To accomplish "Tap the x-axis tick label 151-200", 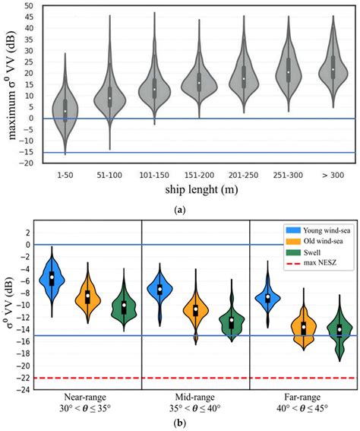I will pyautogui.click(x=199, y=176).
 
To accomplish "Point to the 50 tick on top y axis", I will pyautogui.click(x=28, y=6).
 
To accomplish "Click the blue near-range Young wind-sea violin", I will pyautogui.click(x=52, y=278).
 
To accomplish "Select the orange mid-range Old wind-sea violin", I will pyautogui.click(x=195, y=309).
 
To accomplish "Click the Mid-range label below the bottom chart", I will pyautogui.click(x=195, y=398).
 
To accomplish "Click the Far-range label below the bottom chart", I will pyautogui.click(x=303, y=398).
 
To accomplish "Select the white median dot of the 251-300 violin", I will pyautogui.click(x=288, y=72).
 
